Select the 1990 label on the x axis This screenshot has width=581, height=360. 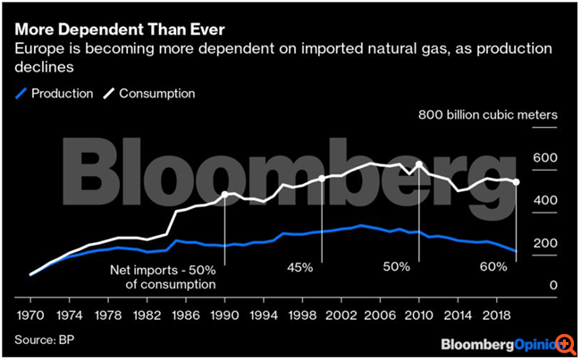pyautogui.click(x=224, y=315)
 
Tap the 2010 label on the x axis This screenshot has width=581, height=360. pyautogui.click(x=418, y=315)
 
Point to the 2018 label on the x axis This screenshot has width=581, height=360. pyautogui.click(x=496, y=315)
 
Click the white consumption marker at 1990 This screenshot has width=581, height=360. pyautogui.click(x=224, y=193)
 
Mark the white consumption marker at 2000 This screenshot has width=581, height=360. pyautogui.click(x=322, y=179)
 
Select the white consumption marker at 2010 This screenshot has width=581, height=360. pyautogui.click(x=418, y=164)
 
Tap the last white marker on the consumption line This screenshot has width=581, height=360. pyautogui.click(x=516, y=183)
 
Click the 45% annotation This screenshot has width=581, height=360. pyautogui.click(x=299, y=267)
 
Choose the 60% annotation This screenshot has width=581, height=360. pyautogui.click(x=493, y=267)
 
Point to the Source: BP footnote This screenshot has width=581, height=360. pyautogui.click(x=45, y=339)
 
